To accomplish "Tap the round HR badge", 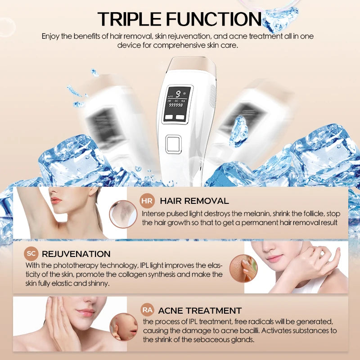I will click(x=148, y=201).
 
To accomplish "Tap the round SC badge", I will click(x=31, y=254).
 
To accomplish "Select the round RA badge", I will click(x=147, y=310).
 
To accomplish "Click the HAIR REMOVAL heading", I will click(x=194, y=201).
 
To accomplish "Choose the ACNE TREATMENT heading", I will click(x=200, y=310).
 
